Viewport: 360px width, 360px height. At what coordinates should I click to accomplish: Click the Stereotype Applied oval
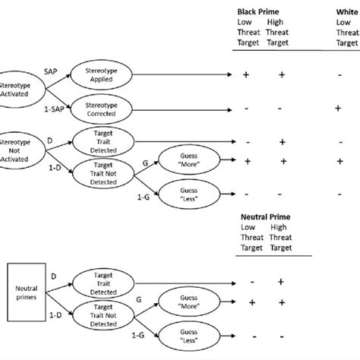[x=101, y=74]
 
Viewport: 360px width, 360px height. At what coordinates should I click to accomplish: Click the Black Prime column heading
[x=260, y=11]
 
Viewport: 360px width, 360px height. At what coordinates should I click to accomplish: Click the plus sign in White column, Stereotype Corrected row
[x=339, y=109]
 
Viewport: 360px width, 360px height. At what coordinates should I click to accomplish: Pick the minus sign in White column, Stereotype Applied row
[x=339, y=75]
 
